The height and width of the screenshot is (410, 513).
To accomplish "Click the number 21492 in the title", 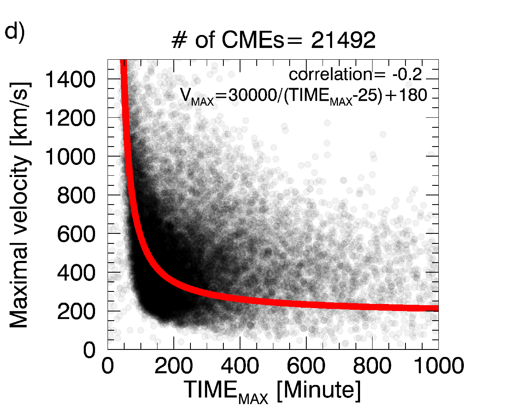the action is tap(343, 40).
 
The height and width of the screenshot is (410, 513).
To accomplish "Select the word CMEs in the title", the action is tap(253, 40).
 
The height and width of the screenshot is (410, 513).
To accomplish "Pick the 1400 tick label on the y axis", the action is tap(70, 79).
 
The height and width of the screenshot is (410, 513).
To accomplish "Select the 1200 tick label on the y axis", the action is tap(70, 118).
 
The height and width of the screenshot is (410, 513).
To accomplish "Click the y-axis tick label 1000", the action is tap(70, 157).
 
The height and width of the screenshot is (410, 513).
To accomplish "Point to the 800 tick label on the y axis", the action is tap(76, 195).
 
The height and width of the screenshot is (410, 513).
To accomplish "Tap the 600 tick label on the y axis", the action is tap(76, 234).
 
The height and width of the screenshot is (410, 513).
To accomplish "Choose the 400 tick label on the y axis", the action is tap(76, 273).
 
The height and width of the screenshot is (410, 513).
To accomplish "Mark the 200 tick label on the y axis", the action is tap(76, 311).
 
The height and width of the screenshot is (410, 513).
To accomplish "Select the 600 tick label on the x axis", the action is tap(306, 366).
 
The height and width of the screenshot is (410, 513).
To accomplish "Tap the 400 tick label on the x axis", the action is tap(240, 366).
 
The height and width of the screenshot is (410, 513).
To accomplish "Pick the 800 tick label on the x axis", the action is tap(372, 366).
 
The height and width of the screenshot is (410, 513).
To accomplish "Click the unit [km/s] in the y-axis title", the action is tap(20, 114).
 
